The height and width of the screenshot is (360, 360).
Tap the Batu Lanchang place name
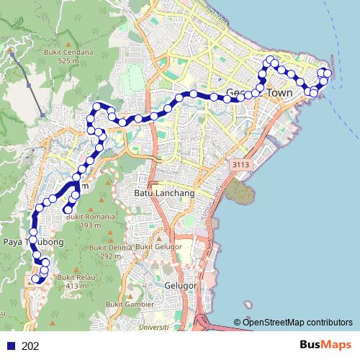(159, 192)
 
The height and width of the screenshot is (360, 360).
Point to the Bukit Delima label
(111, 247)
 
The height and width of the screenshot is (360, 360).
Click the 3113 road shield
(240, 166)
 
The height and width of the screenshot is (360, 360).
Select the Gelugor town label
(181, 286)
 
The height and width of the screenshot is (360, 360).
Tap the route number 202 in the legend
(31, 346)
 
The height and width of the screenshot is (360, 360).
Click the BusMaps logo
(325, 346)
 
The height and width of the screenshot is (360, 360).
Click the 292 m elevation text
(110, 256)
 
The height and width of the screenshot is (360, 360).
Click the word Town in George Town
(280, 93)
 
